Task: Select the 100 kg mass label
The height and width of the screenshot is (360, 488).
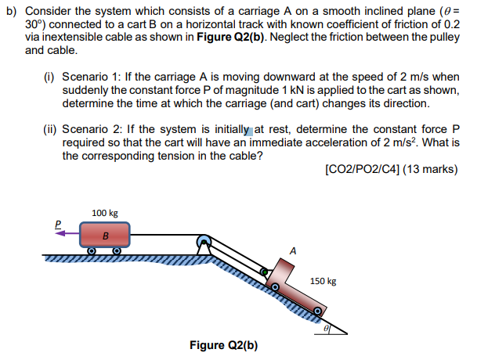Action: click(104, 212)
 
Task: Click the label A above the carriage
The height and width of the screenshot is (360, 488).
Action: click(293, 251)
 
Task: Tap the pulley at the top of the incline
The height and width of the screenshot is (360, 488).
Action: click(204, 242)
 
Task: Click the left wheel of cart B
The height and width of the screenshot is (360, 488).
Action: click(91, 251)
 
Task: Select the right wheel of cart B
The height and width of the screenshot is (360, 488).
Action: click(116, 251)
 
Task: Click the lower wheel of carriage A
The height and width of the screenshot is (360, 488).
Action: click(317, 311)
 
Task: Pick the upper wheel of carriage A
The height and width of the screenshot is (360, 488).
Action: click(275, 287)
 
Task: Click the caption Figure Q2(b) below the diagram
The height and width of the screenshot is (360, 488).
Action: click(223, 345)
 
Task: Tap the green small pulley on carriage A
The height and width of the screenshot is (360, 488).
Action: click(265, 274)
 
